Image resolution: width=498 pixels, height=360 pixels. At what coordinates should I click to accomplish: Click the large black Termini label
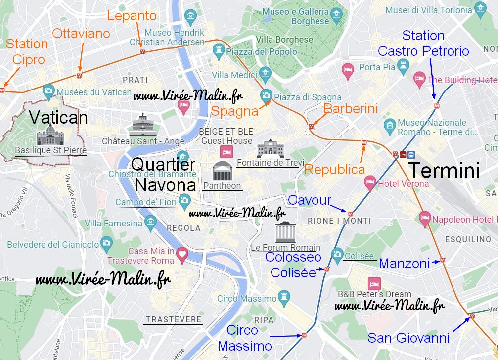click(444, 170)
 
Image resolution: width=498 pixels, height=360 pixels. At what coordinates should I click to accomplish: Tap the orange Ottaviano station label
click(81, 34)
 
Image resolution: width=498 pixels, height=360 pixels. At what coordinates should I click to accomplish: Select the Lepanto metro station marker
click(142, 51)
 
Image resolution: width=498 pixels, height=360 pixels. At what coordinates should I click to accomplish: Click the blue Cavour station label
click(310, 200)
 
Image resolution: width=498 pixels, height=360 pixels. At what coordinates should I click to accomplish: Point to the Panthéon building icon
click(221, 171)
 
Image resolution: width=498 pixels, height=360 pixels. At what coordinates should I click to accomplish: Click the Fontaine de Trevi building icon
click(268, 148)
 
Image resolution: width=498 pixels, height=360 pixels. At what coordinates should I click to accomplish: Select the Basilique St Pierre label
click(50, 150)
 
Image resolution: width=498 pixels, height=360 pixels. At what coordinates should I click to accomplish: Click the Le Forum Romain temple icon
click(285, 232)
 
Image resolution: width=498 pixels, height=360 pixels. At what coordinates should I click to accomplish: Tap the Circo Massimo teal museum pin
click(284, 297)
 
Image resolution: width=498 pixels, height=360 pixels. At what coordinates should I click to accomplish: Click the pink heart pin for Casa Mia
click(182, 254)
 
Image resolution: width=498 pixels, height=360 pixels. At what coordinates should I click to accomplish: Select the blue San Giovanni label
click(408, 338)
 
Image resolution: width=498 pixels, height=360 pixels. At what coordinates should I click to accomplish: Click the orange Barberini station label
click(351, 109)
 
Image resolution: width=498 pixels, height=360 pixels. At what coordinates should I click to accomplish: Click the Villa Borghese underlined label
click(284, 40)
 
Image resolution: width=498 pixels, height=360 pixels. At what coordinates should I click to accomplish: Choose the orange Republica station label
click(335, 170)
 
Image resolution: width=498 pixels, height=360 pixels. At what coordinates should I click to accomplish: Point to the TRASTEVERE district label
click(174, 319)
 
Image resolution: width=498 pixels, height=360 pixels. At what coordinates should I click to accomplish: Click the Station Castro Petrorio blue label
click(423, 43)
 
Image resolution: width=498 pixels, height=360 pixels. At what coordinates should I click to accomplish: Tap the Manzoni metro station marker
click(443, 260)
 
